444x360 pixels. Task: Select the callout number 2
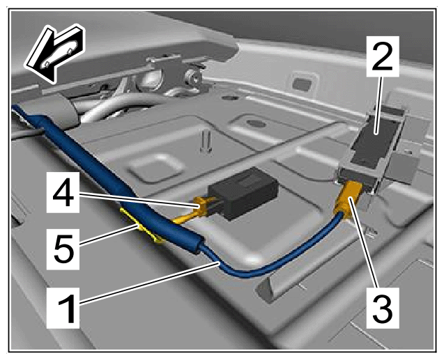(x=382, y=56)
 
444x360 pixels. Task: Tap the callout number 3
(x=382, y=308)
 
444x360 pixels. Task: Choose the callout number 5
(x=63, y=249)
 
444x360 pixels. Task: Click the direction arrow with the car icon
(x=55, y=53)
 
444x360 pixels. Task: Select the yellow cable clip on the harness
(x=141, y=226)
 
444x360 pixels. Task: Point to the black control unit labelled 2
(x=374, y=141)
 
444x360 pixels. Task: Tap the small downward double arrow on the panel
(x=206, y=141)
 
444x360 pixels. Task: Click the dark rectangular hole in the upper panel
(x=303, y=84)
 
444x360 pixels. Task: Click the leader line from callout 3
(x=365, y=246)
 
